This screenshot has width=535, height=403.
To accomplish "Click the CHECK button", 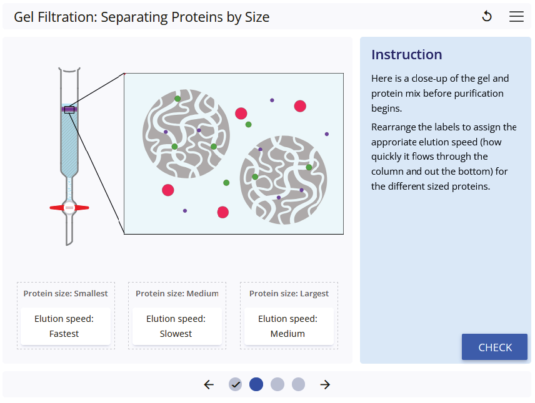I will [x=494, y=347].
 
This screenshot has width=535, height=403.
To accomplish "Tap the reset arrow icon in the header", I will [x=487, y=17].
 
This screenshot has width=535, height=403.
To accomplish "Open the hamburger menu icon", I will [x=516, y=17].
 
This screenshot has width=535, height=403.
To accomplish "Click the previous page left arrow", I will [x=209, y=384].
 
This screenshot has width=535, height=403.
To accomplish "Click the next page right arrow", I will [x=325, y=384].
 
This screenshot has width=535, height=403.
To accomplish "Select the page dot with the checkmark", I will [x=235, y=384].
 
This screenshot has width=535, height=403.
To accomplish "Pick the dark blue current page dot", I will [x=256, y=384].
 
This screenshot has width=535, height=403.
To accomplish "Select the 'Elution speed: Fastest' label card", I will [x=66, y=326].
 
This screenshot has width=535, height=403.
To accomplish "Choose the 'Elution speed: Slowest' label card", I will [x=176, y=326].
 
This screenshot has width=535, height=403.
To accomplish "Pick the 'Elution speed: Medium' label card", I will [x=287, y=326].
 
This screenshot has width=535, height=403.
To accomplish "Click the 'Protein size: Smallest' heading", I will [x=66, y=293].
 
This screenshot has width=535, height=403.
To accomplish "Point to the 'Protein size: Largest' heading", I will [x=289, y=293].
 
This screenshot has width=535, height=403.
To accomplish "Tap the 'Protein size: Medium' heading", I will [x=177, y=293].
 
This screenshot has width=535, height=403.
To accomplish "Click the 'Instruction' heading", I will [x=406, y=54].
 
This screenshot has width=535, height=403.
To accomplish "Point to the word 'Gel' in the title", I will [x=24, y=17].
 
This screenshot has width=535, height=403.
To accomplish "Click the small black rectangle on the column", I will [x=69, y=110].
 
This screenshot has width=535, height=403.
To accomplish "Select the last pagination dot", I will [x=299, y=384].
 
